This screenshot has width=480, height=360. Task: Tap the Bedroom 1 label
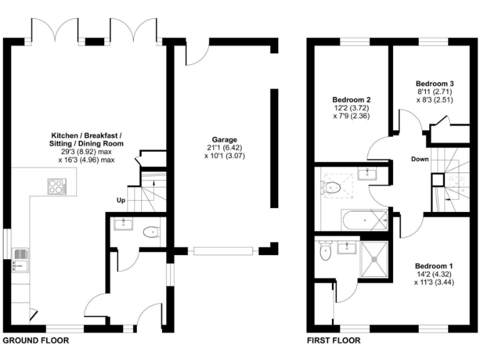point(433,266)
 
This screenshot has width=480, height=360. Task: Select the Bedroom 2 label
point(352,99)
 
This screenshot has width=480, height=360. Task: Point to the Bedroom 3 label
point(436,83)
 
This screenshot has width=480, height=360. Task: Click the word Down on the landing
point(419,159)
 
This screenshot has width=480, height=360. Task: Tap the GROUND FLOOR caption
point(36,341)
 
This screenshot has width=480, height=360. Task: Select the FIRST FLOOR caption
point(333,341)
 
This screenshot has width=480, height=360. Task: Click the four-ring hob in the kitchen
point(55,186)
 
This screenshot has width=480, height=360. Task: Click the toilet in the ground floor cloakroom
point(151,232)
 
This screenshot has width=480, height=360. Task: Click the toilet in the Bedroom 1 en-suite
point(324,252)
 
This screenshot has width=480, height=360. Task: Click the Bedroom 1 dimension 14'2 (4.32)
point(433,274)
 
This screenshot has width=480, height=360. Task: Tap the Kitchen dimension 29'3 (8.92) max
point(87,151)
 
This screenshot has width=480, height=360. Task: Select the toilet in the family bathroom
point(331,186)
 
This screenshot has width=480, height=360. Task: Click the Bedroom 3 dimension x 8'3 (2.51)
point(436,99)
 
